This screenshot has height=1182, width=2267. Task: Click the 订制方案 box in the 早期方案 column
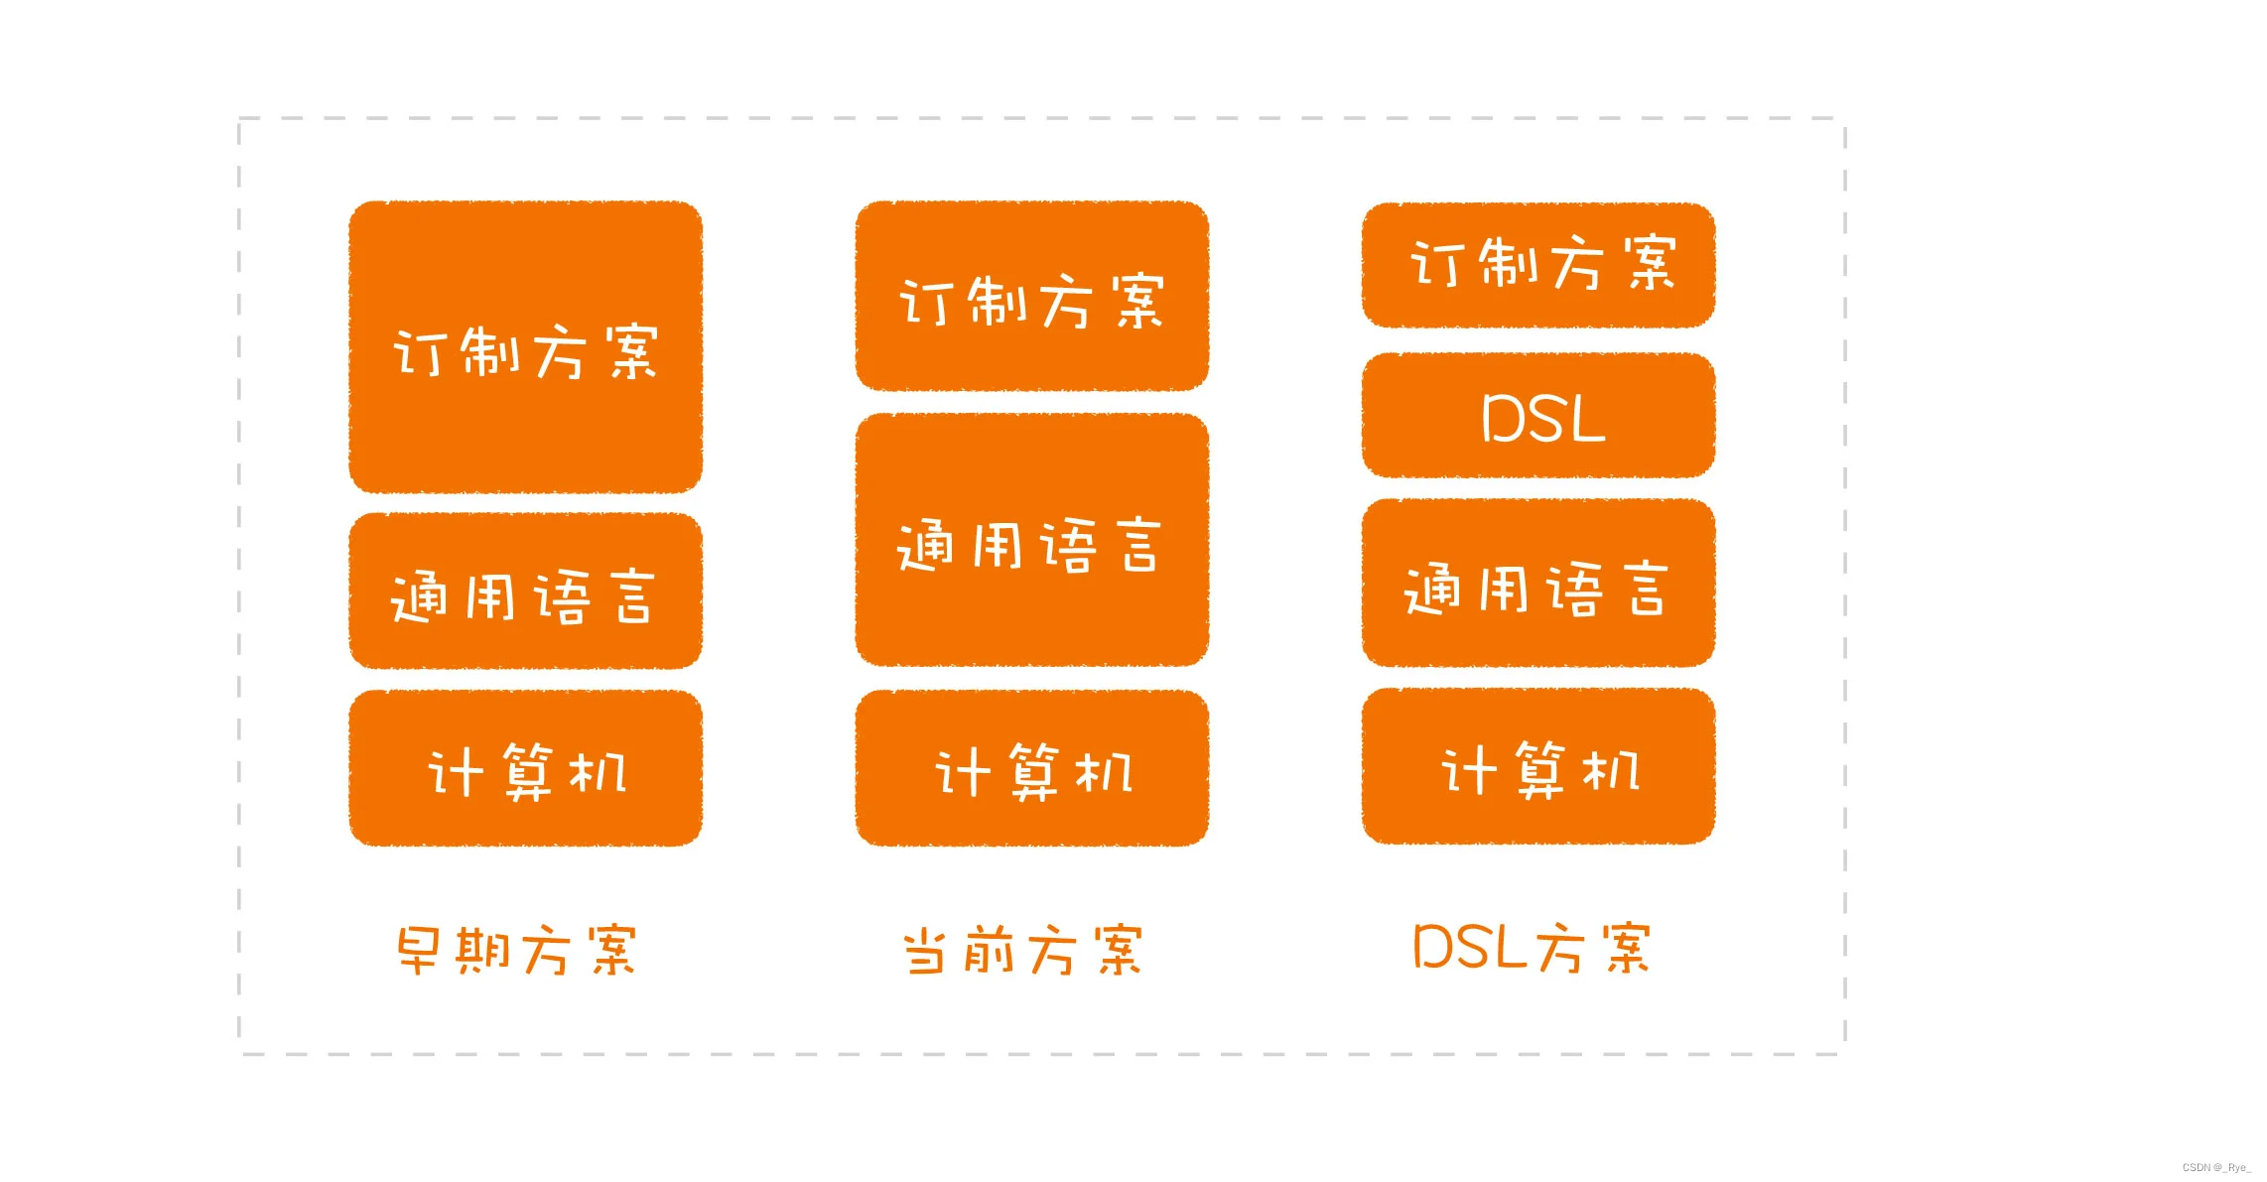(x=525, y=347)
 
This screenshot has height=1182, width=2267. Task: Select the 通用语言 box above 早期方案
(x=525, y=591)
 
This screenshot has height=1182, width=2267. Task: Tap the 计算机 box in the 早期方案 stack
(x=525, y=768)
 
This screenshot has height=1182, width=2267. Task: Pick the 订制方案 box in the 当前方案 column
(x=1031, y=296)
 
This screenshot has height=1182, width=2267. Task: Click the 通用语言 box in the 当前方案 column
(x=1031, y=541)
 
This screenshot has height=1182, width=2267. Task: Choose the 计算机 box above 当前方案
(x=1031, y=768)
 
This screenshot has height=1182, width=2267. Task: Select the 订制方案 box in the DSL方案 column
(x=1538, y=265)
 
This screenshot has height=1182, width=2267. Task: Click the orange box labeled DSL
(x=1538, y=416)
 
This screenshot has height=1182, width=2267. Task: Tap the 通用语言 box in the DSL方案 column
(x=1538, y=585)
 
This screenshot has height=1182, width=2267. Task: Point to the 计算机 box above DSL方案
(x=1538, y=766)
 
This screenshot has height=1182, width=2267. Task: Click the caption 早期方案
(x=516, y=950)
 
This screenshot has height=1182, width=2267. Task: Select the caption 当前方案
(x=1023, y=950)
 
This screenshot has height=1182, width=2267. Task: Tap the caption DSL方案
(x=1532, y=948)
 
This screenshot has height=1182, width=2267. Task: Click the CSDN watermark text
(x=2215, y=1167)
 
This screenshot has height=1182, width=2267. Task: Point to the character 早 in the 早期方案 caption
(x=419, y=950)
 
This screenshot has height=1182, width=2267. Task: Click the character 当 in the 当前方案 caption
(x=924, y=951)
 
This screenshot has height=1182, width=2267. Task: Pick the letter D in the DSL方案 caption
(x=1433, y=947)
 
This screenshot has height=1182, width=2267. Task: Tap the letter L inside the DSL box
(x=1586, y=419)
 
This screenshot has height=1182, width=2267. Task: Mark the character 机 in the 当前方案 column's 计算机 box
(x=1104, y=771)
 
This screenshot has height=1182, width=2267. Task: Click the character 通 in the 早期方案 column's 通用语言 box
(x=418, y=596)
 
